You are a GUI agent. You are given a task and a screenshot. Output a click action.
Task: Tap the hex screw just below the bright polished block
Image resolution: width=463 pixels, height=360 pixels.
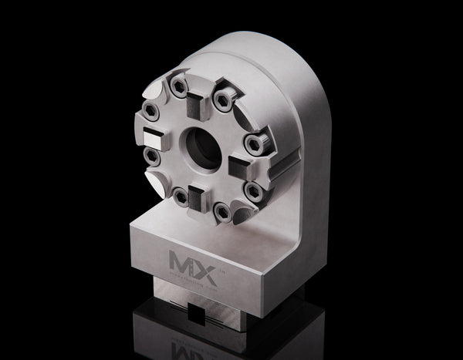[x=152, y=158]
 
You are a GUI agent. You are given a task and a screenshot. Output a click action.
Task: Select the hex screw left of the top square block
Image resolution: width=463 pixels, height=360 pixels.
[x=179, y=85]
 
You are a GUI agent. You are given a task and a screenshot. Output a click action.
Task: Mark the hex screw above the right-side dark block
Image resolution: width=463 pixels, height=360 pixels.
[x=252, y=142]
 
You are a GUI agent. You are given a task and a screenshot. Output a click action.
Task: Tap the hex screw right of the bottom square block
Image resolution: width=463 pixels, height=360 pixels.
[x=222, y=210]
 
